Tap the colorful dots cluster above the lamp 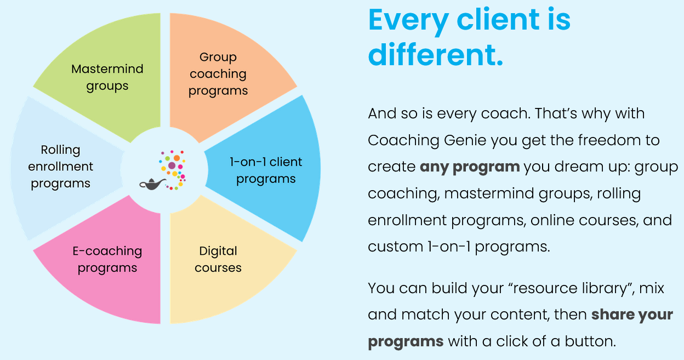pos(173,167)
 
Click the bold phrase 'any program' pos(469,167)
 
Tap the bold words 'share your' pos(632,315)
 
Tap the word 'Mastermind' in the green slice pos(107,69)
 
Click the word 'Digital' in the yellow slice pos(218,251)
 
